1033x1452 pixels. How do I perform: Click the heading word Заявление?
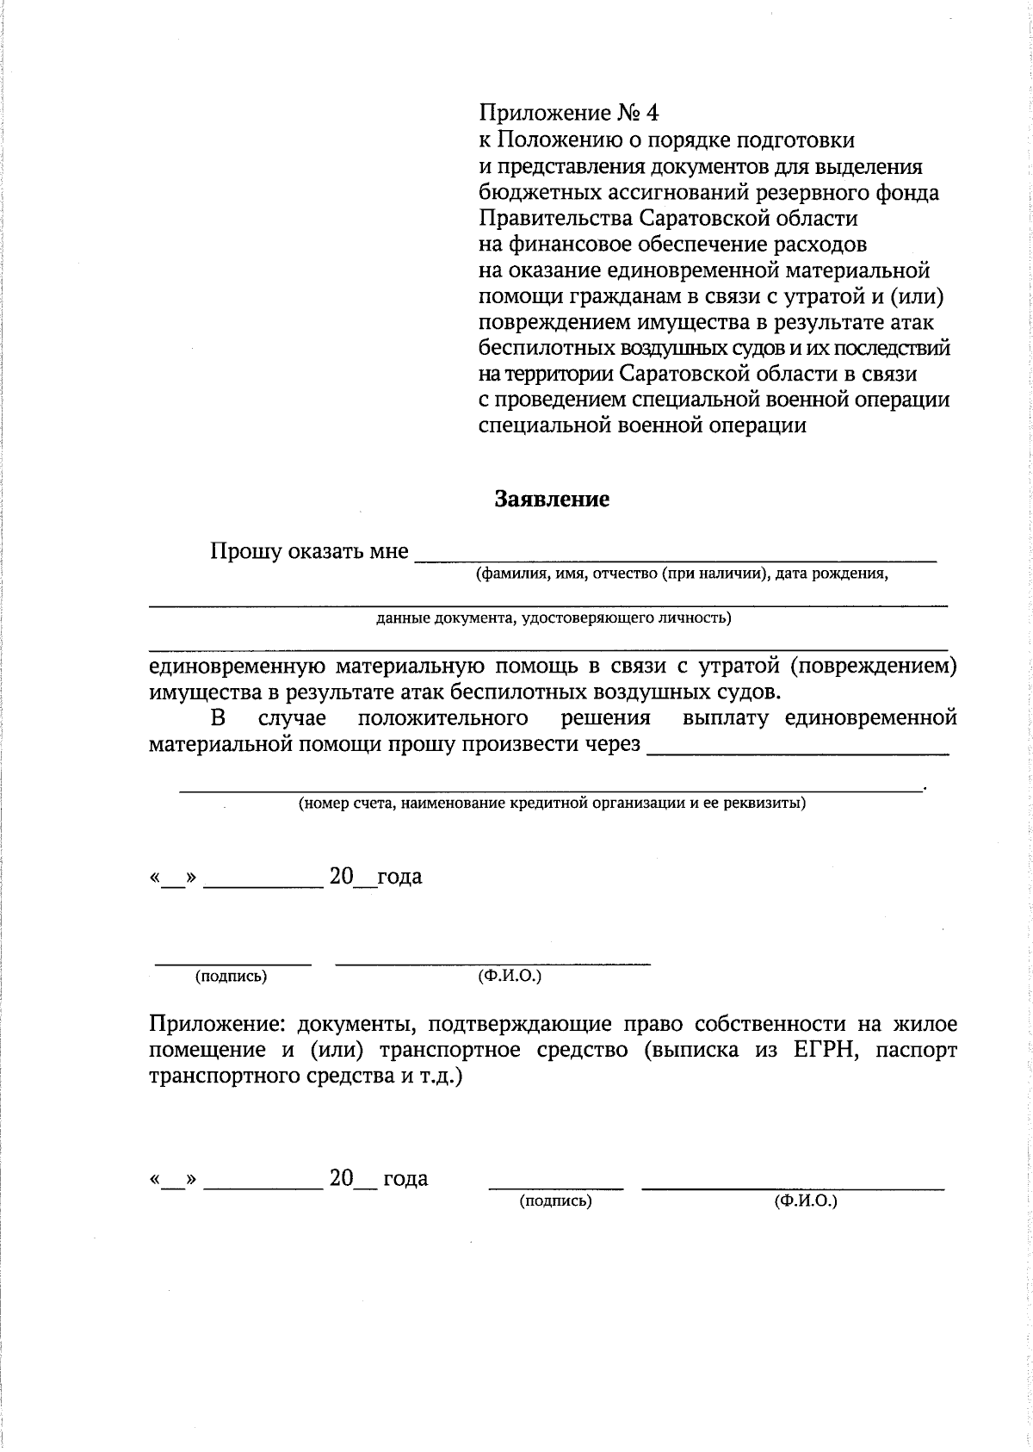552,500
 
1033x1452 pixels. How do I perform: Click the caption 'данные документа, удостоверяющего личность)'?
554,617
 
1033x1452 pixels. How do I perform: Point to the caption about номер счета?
552,804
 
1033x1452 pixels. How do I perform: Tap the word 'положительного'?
442,717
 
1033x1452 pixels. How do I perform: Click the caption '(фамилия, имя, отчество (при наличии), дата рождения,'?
682,574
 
